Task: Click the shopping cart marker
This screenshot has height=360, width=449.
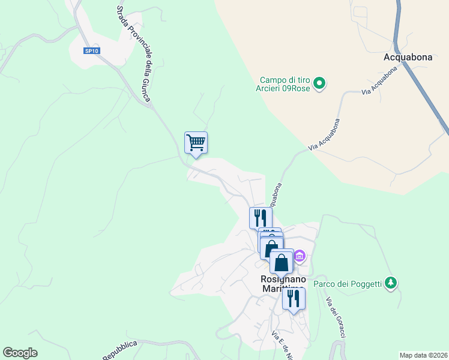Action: [x=196, y=143]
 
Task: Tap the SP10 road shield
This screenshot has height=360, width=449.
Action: [x=92, y=51]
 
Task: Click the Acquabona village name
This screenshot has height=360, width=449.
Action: [x=408, y=58]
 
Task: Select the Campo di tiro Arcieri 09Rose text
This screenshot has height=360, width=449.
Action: [x=286, y=85]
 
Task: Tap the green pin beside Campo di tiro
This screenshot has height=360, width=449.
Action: [x=320, y=83]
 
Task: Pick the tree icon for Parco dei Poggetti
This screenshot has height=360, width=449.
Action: [x=391, y=281]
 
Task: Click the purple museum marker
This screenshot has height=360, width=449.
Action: [x=300, y=257]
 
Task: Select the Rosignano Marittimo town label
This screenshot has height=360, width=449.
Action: [x=283, y=284]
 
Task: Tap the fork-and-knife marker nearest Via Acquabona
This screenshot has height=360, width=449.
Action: [x=259, y=217]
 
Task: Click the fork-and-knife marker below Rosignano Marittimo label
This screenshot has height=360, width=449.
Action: [x=294, y=298]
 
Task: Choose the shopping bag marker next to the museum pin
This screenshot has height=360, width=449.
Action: [x=281, y=261]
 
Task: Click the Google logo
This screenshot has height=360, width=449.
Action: [x=20, y=353]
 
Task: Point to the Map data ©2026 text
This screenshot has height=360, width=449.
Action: [x=423, y=355]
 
